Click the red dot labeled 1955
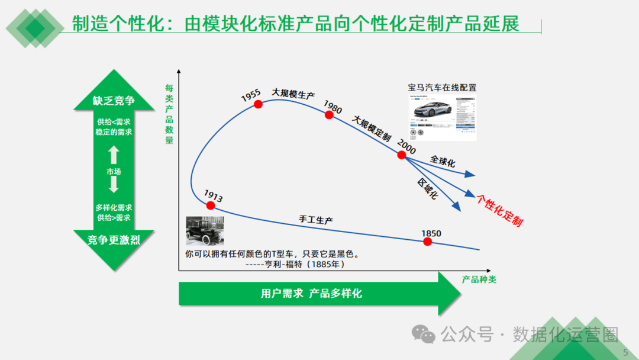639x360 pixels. tap(258, 104)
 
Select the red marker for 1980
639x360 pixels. tap(330, 115)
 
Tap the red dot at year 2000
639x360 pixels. tap(402, 155)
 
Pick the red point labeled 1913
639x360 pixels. tap(210, 205)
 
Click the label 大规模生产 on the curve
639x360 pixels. tap(293, 94)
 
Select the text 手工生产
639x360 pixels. tap(316, 220)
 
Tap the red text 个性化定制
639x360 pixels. tap(500, 210)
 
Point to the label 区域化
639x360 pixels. tap(427, 188)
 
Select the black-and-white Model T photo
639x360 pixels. tap(204, 231)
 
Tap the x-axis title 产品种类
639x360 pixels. tap(479, 279)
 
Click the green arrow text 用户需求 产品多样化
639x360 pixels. tap(311, 294)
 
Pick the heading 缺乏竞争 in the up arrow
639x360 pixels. tap(114, 101)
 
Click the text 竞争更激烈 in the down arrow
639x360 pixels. tap(113, 240)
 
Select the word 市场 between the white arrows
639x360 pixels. tap(114, 171)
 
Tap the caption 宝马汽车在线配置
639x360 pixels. tap(442, 88)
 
